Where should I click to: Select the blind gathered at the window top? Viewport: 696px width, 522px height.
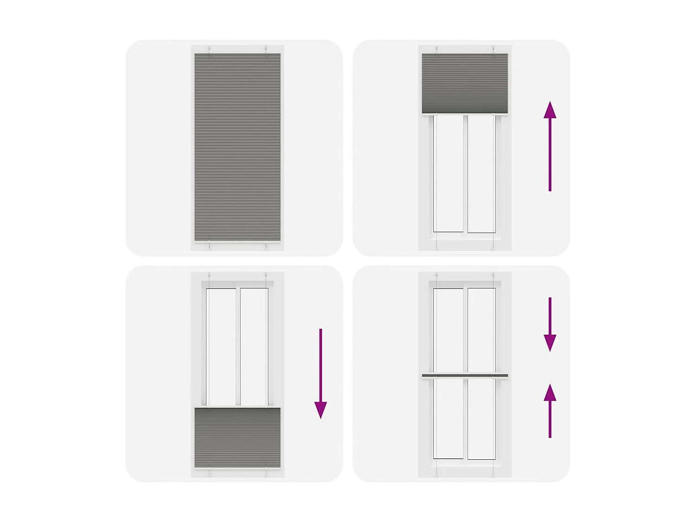click(464, 83)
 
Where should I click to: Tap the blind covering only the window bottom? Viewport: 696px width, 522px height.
click(237, 437)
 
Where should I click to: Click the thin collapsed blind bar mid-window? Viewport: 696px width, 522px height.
click(464, 376)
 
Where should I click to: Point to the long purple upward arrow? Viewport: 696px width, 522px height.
click(550, 146)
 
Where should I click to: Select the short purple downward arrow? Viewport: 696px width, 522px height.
click(550, 324)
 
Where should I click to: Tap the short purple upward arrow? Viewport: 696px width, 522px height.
click(550, 411)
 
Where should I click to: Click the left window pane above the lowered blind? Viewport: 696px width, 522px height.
click(221, 347)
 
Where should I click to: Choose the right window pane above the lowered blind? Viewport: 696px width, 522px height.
click(254, 347)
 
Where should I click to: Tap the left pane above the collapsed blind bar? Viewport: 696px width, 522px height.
click(449, 330)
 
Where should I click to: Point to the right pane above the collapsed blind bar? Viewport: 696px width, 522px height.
click(482, 330)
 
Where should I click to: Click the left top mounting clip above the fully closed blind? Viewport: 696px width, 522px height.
click(209, 49)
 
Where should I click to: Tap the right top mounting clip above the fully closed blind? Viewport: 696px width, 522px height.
click(266, 49)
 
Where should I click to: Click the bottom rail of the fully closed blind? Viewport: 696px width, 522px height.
click(237, 242)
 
